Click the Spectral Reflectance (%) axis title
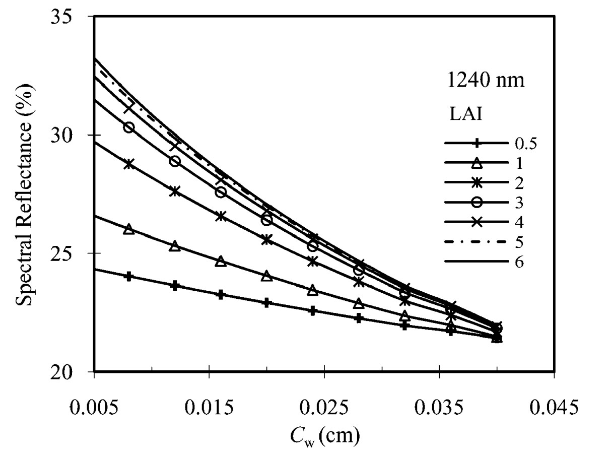pyautogui.click(x=24, y=193)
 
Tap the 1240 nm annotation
pyautogui.click(x=486, y=82)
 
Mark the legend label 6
pyautogui.click(x=519, y=262)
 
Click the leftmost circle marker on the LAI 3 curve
pyautogui.click(x=129, y=127)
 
